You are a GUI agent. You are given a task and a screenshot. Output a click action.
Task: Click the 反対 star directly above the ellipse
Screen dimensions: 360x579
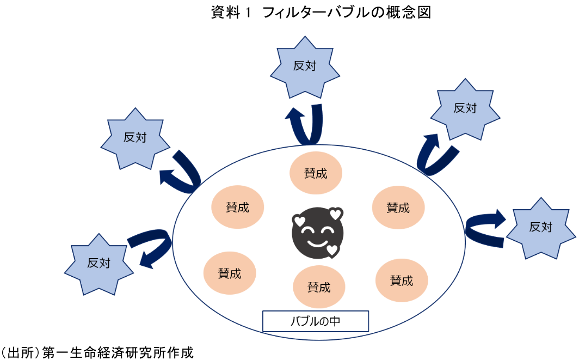[304, 66]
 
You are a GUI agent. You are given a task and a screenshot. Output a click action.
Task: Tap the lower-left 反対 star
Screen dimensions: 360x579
[98, 263]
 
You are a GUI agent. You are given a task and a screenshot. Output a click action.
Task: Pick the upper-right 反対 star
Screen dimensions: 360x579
[465, 108]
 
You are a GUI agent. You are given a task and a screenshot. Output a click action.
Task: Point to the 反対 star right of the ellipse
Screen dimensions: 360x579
[541, 227]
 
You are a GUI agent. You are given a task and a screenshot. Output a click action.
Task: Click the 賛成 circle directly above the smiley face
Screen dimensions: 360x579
[316, 174]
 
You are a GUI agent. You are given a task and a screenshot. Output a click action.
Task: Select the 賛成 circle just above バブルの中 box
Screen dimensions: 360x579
[319, 286]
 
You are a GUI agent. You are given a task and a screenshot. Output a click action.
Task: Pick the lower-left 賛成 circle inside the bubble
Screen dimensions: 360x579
[230, 273]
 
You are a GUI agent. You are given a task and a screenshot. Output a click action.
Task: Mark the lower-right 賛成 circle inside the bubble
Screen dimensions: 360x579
[402, 280]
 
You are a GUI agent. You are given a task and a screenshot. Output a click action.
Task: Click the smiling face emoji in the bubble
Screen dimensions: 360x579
[318, 233]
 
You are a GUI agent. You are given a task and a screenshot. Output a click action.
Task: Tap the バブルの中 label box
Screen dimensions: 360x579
[316, 321]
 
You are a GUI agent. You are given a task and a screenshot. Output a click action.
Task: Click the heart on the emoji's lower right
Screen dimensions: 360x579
[332, 250]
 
